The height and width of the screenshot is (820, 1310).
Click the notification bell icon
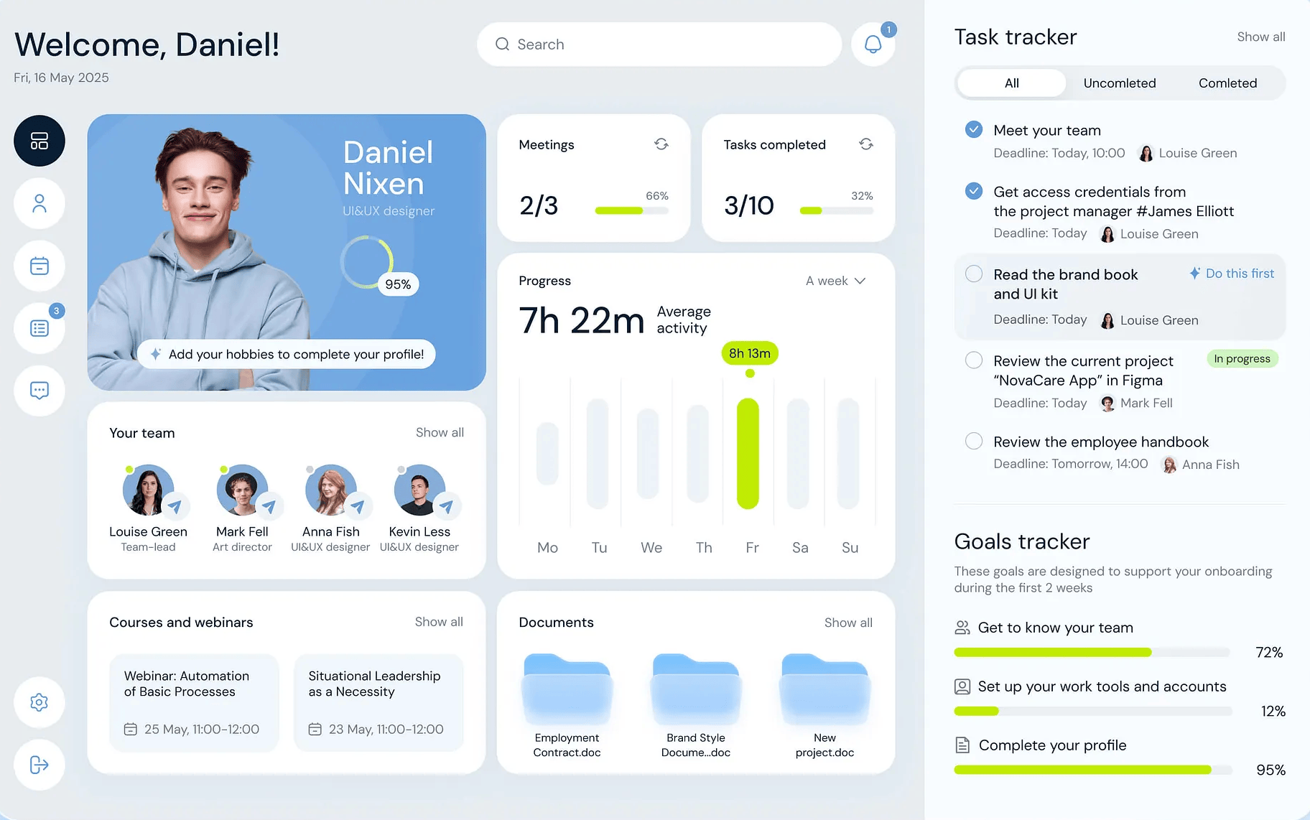pyautogui.click(x=873, y=45)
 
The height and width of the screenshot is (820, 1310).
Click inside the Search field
pyautogui.click(x=659, y=45)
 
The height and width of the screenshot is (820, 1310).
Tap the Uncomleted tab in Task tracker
pyautogui.click(x=1120, y=83)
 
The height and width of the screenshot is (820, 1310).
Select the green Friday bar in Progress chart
pyautogui.click(x=748, y=454)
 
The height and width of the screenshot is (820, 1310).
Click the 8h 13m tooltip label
pyautogui.click(x=750, y=353)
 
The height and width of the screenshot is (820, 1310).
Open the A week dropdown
pyautogui.click(x=835, y=281)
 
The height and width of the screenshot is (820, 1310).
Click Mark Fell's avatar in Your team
pyautogui.click(x=242, y=490)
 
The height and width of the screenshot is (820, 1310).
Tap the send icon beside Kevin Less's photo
pyautogui.click(x=446, y=507)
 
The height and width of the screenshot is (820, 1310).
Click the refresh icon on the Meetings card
pyautogui.click(x=661, y=144)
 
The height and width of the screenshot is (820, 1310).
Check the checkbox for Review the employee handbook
pyautogui.click(x=974, y=441)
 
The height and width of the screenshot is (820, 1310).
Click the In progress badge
pyautogui.click(x=1242, y=359)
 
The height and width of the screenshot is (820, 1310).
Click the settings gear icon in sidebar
pyautogui.click(x=40, y=702)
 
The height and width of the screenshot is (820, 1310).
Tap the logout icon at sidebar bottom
pyautogui.click(x=40, y=765)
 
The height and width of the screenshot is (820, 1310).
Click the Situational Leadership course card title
pyautogui.click(x=374, y=684)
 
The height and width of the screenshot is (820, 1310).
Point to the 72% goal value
pyautogui.click(x=1269, y=652)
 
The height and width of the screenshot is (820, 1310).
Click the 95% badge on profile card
pyautogui.click(x=398, y=284)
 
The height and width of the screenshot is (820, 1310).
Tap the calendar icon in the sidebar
pyautogui.click(x=40, y=266)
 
